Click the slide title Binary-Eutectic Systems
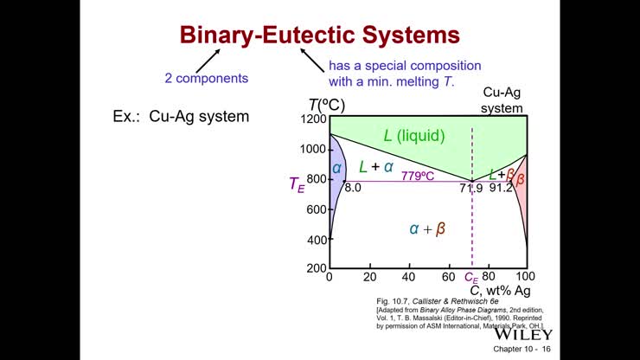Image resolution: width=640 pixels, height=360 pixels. [319, 35]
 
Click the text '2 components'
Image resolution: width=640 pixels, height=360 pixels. [206, 78]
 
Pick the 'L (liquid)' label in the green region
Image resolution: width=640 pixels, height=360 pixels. [414, 135]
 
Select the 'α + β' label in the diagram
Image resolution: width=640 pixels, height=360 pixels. [427, 228]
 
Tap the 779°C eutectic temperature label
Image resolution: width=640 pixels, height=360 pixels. [416, 176]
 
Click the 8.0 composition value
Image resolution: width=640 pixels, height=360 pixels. [353, 187]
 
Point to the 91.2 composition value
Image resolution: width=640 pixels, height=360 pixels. [502, 187]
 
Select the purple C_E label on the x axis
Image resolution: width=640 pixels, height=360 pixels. [471, 278]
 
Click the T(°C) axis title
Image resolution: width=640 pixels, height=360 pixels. [326, 106]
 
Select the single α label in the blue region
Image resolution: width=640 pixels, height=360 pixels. [337, 168]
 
